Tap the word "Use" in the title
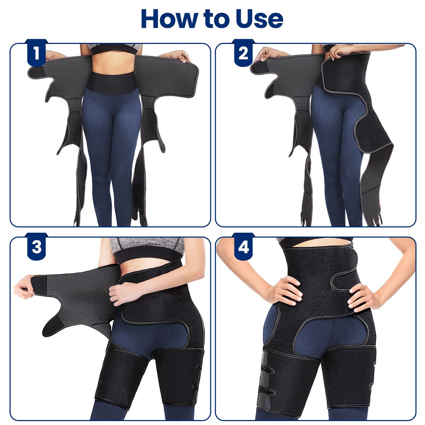tap(259, 19)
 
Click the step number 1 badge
tap(36, 53)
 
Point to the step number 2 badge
tap(243, 53)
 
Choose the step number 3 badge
tap(36, 247)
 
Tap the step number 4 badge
tap(243, 247)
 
